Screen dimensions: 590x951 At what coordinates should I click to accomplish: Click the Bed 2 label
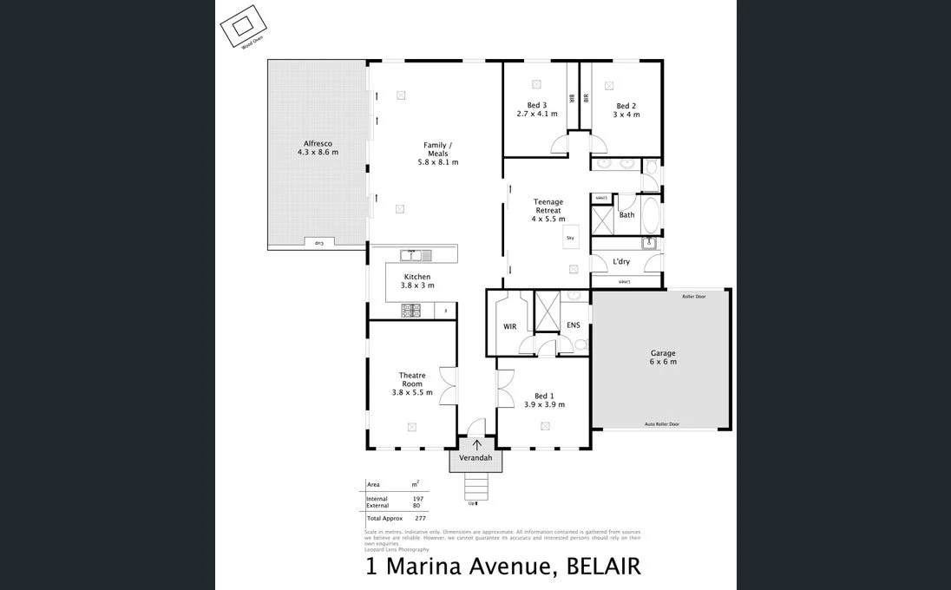626,106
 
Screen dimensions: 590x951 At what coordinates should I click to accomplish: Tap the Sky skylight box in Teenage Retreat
570,237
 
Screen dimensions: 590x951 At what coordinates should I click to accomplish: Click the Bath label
626,214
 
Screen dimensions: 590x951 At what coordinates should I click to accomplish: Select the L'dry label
621,261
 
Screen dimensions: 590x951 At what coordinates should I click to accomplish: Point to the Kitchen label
417,277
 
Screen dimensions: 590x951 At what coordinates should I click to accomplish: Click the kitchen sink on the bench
410,255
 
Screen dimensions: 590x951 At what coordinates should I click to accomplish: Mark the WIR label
509,326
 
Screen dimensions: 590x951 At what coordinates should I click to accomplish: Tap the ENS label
573,325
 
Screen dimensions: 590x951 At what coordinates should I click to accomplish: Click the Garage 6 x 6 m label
663,357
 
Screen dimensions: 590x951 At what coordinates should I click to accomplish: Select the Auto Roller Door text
661,424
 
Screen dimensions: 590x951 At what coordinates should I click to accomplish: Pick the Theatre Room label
412,380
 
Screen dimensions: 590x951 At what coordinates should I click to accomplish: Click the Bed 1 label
544,396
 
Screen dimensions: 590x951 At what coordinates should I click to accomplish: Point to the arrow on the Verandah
475,445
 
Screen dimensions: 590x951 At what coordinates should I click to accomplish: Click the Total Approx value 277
420,518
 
